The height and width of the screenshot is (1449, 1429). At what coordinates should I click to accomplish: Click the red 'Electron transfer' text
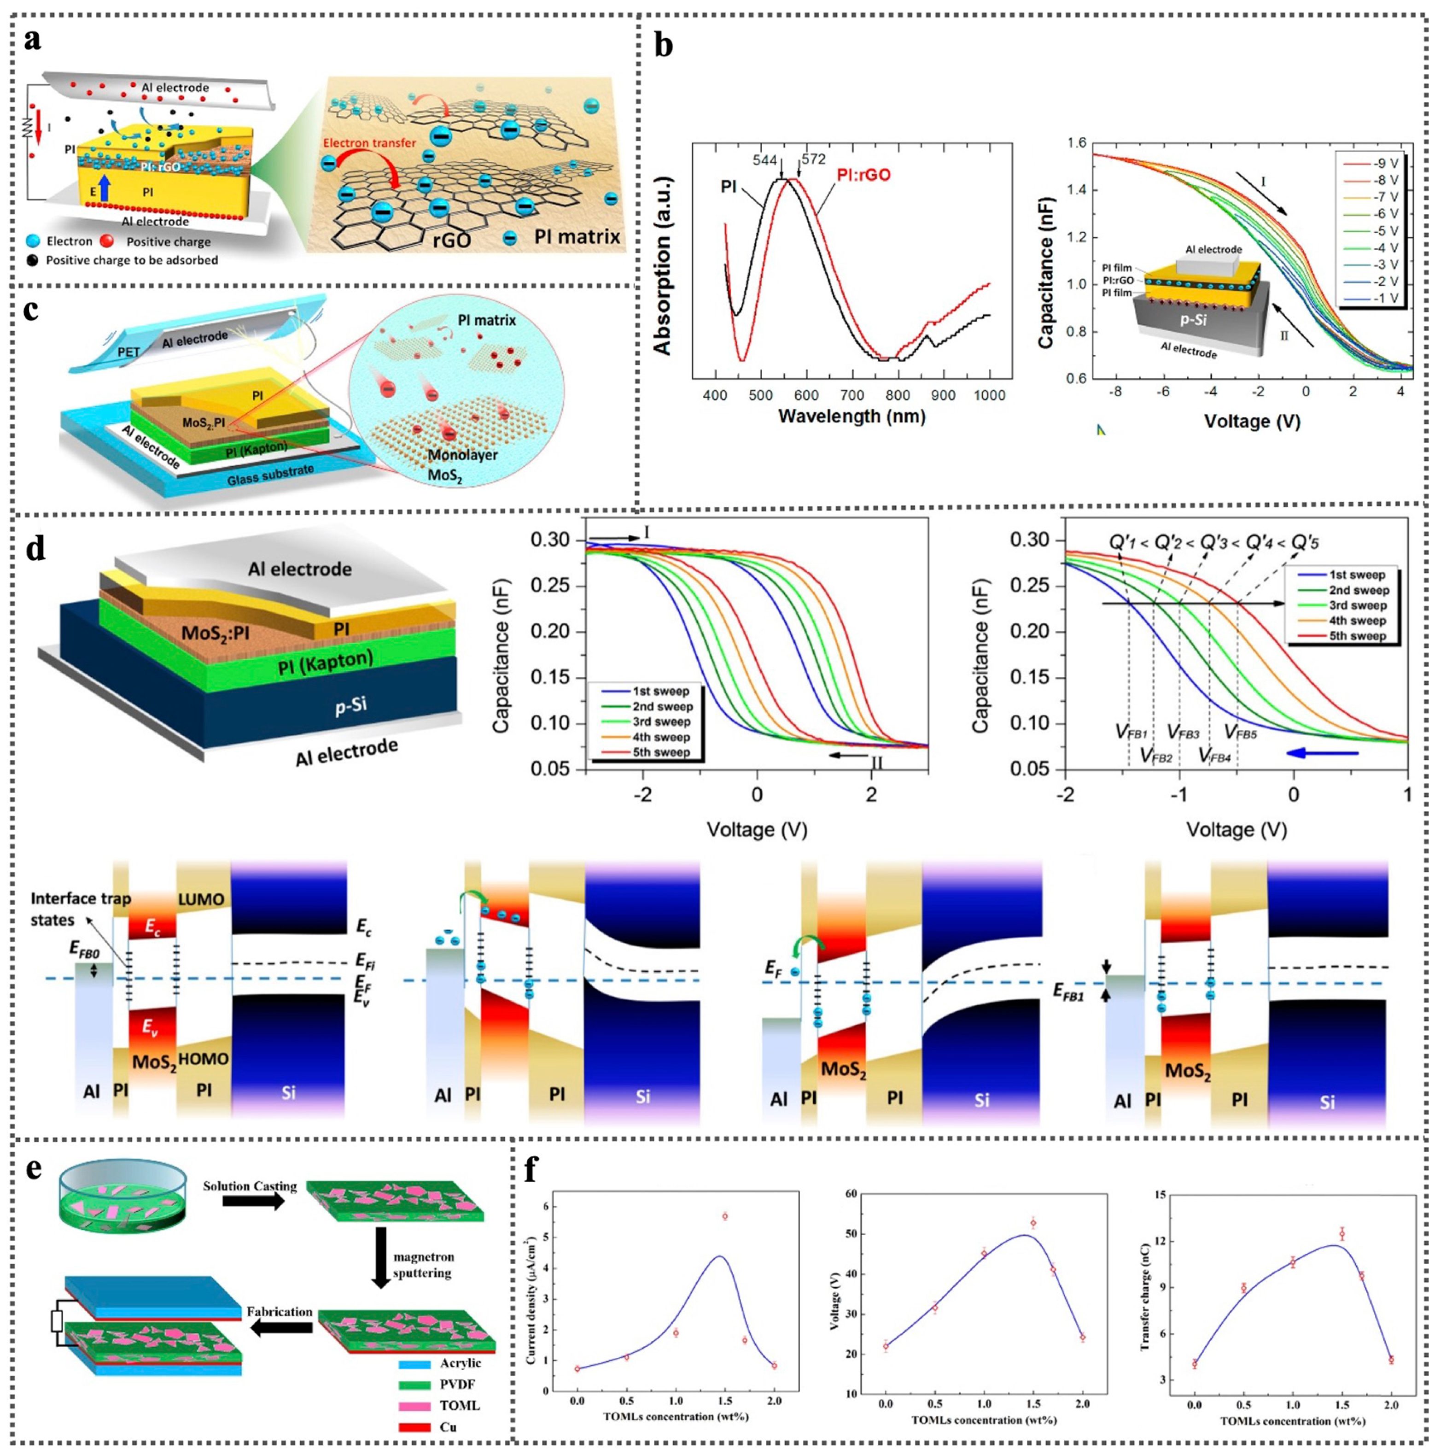[370, 142]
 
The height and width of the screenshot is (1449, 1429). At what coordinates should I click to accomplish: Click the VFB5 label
[1240, 731]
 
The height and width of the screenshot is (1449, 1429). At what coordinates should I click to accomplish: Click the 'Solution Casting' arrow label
[250, 1186]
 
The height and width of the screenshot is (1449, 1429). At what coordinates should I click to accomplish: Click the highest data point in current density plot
[725, 1216]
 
